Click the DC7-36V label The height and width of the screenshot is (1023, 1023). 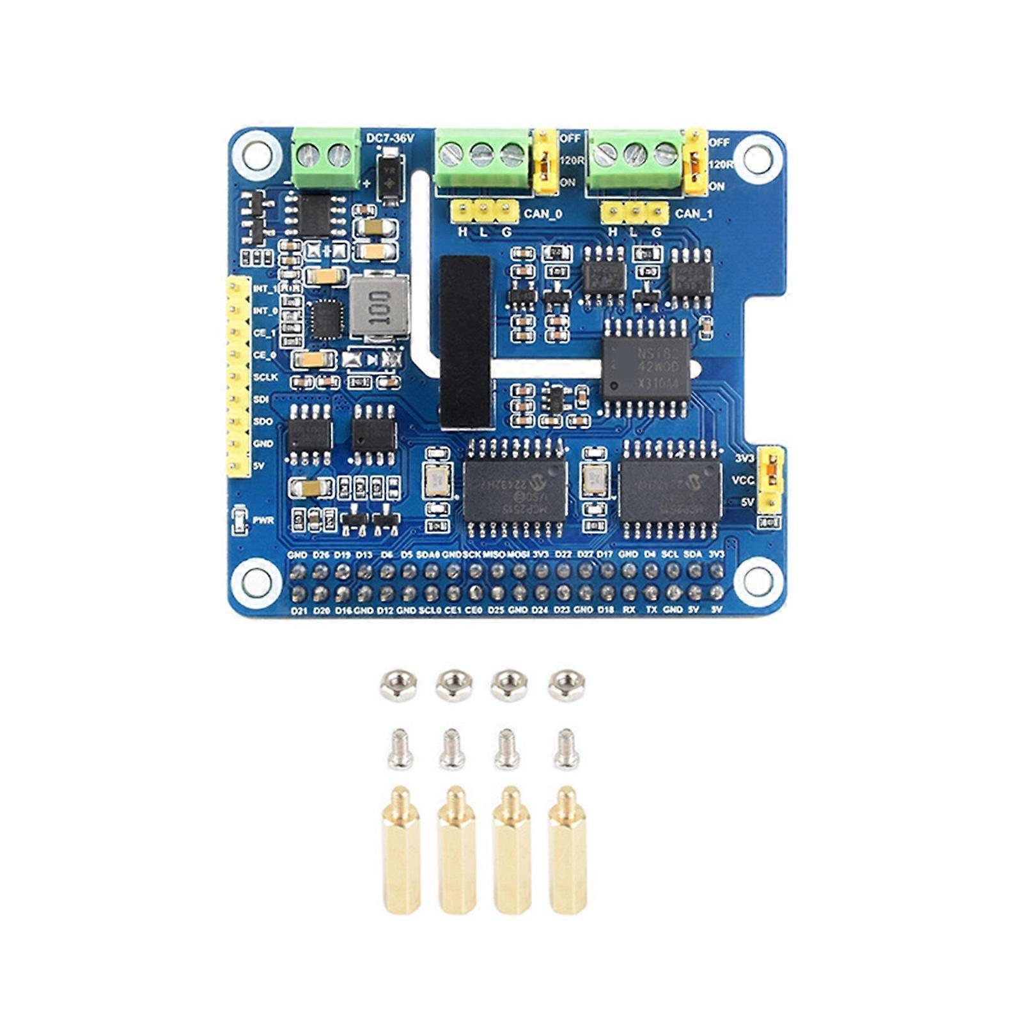tap(390, 138)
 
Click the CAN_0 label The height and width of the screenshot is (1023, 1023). tap(543, 214)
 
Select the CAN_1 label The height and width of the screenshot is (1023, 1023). tap(694, 214)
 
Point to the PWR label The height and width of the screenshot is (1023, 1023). tap(263, 520)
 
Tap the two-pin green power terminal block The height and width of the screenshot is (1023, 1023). tap(325, 157)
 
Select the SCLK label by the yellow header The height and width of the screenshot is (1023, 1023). tap(265, 377)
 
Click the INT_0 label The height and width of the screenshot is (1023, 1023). tap(265, 311)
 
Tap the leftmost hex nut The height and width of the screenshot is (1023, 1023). tap(398, 686)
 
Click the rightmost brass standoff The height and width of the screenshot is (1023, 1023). tap(567, 850)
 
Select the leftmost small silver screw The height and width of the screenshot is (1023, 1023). tap(400, 749)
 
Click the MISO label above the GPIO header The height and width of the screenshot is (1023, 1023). tap(494, 555)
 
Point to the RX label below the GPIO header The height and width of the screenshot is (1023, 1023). tap(629, 609)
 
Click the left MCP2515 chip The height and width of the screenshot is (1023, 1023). tap(515, 489)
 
